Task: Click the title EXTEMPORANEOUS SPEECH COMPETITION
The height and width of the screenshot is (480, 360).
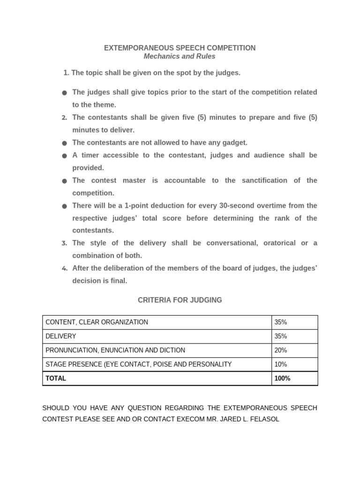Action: click(180, 48)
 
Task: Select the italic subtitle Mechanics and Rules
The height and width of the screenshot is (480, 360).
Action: click(180, 56)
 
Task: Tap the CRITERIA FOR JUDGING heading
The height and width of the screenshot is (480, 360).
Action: click(180, 300)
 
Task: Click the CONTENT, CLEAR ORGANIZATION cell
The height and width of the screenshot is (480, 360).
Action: click(97, 322)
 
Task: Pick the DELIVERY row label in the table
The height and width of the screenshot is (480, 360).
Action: click(61, 336)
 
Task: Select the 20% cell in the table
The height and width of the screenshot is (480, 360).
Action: click(281, 350)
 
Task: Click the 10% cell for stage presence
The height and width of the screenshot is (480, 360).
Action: click(281, 364)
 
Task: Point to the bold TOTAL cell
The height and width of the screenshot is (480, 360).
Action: click(56, 378)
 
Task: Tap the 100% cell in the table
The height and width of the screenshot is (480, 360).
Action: click(283, 378)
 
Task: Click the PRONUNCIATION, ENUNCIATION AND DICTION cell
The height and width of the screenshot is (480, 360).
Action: click(115, 350)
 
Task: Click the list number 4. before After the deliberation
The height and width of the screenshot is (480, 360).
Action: click(64, 269)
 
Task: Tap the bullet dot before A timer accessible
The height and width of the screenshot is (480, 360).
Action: click(64, 156)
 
